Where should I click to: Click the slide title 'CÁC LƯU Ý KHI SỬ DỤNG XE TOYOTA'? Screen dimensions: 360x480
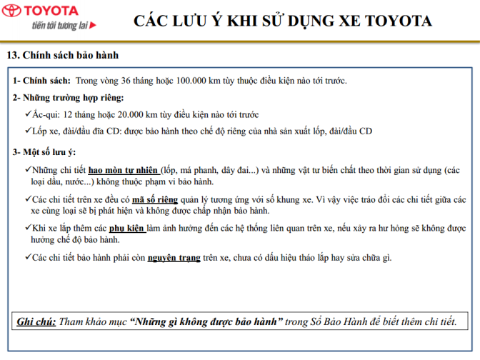point(283,20)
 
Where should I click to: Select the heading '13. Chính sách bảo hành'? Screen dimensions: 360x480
point(63,55)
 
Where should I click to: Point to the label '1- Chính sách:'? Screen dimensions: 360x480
point(41,80)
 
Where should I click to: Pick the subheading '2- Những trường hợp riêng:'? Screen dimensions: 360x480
point(69,97)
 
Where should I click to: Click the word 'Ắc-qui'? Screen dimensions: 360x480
point(45,114)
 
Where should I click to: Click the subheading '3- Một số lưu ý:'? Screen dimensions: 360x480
point(44,152)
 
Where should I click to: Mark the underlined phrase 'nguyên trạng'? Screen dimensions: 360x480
point(174,257)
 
